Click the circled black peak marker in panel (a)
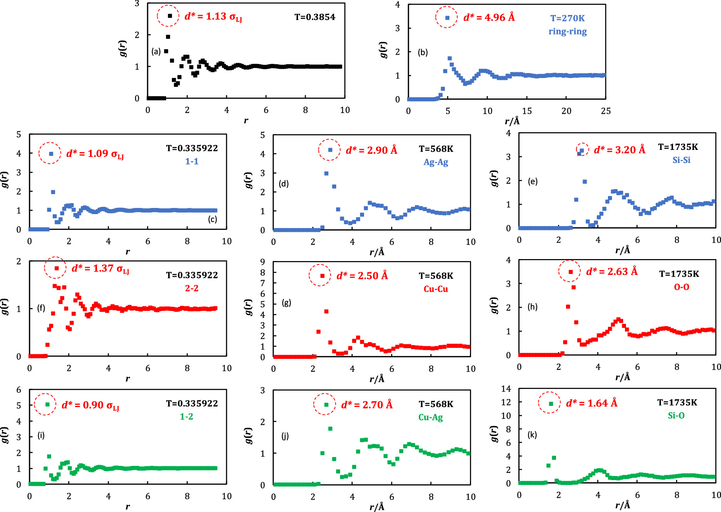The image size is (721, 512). [x=170, y=16]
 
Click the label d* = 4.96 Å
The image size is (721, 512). [x=489, y=17]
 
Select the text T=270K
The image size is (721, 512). [x=567, y=18]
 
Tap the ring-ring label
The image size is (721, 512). [x=568, y=32]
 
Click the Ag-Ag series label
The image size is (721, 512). [x=436, y=162]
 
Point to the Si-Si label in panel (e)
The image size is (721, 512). [x=681, y=160]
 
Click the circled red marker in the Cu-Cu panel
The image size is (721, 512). [x=322, y=276]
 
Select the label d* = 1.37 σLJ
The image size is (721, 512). [x=100, y=269]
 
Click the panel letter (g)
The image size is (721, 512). [x=286, y=303]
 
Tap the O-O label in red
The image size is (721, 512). [x=681, y=287]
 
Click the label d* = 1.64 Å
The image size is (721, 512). [x=591, y=403]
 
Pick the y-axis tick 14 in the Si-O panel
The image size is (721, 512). [x=506, y=389]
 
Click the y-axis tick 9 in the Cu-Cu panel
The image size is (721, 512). [x=263, y=262]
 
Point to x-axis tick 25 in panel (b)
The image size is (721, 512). [x=606, y=111]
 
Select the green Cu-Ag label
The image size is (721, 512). [x=430, y=417]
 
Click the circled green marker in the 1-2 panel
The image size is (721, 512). [x=48, y=404]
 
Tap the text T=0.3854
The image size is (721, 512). [x=315, y=17]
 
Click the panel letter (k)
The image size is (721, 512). [x=532, y=435]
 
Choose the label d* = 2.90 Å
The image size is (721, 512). [x=371, y=150]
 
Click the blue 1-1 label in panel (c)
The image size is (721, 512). [x=191, y=161]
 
